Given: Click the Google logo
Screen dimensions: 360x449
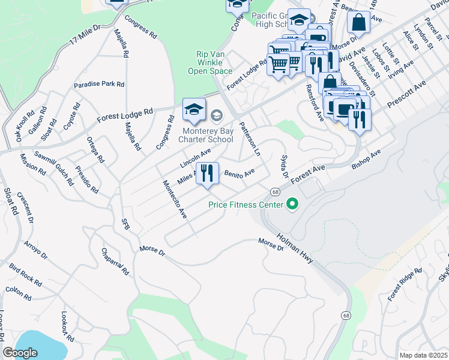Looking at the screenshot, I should pos(20,353).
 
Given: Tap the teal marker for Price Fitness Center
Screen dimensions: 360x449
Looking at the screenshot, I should pos(292,205).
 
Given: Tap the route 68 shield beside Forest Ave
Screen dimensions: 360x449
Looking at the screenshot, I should pos(274,192).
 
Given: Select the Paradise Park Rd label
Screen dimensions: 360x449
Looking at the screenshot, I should pos(99,85).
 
